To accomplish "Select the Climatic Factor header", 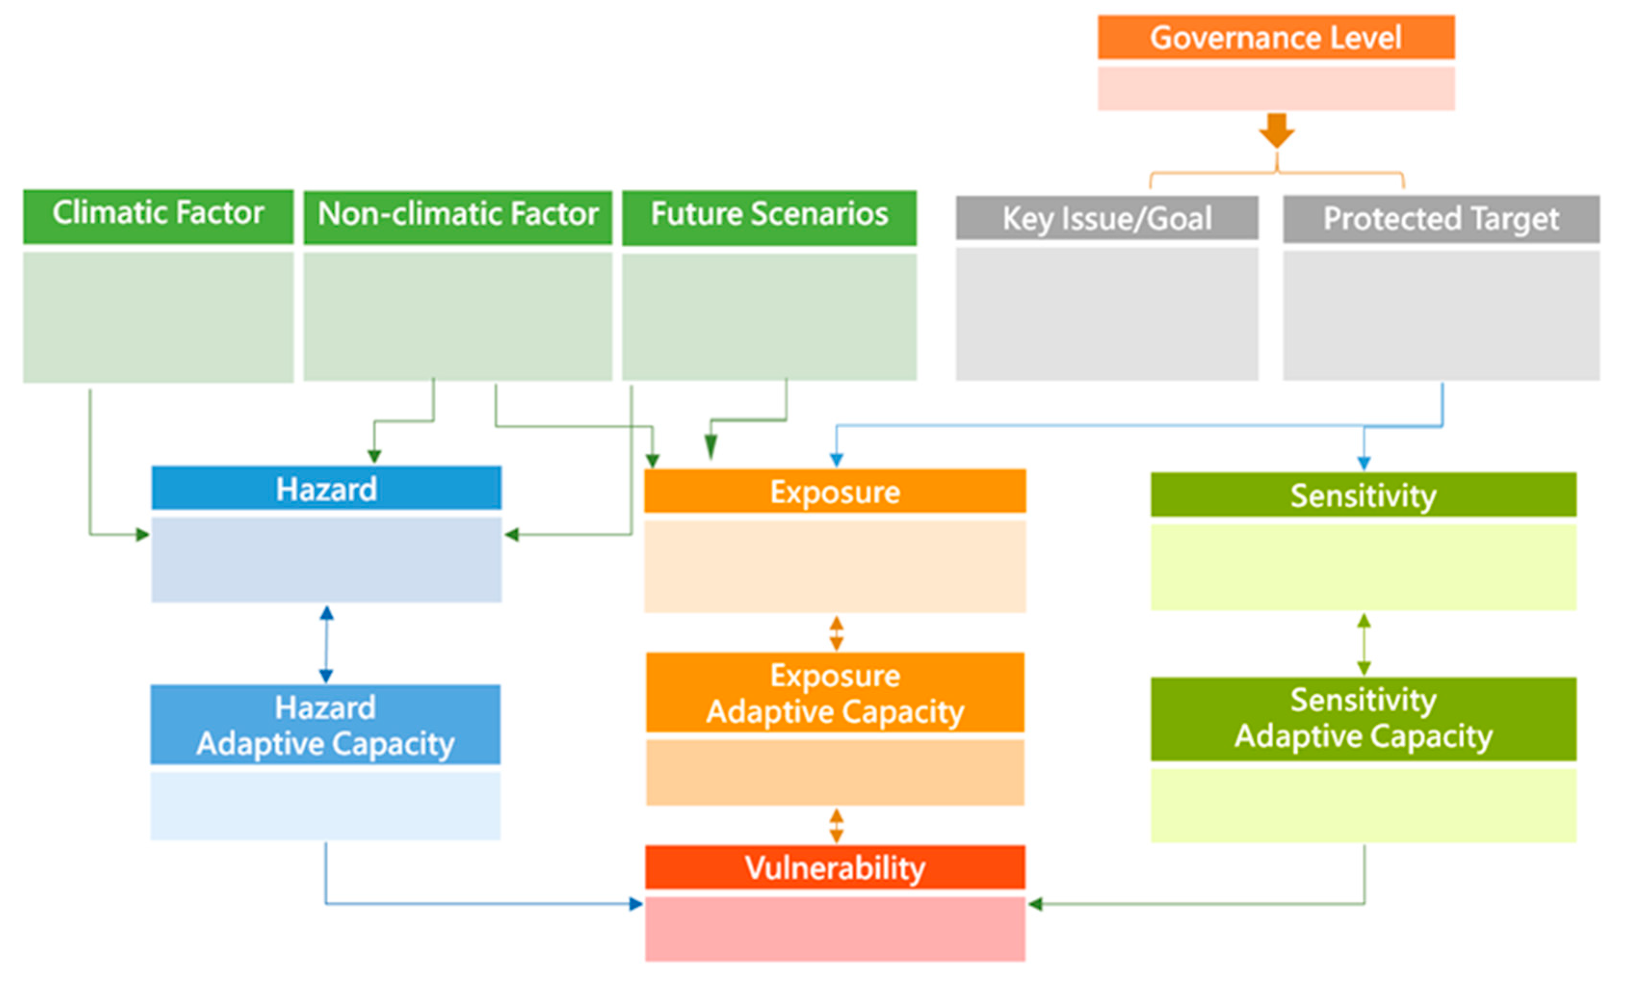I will pos(158,216).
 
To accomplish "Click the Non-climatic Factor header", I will pos(457,217).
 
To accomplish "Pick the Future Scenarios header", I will pos(769,217).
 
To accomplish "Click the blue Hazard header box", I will pos(326,488).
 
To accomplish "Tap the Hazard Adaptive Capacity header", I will pos(325,724).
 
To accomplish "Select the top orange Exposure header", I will pos(835,491).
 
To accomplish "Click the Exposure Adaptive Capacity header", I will pos(835,693).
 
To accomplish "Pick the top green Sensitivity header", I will pos(1364,495).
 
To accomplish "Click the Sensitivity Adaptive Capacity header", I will pos(1364,718).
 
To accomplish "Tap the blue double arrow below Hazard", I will pos(326,644).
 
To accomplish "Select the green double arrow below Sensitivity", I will pos(1364,644).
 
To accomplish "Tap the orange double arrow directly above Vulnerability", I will pos(836,825).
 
